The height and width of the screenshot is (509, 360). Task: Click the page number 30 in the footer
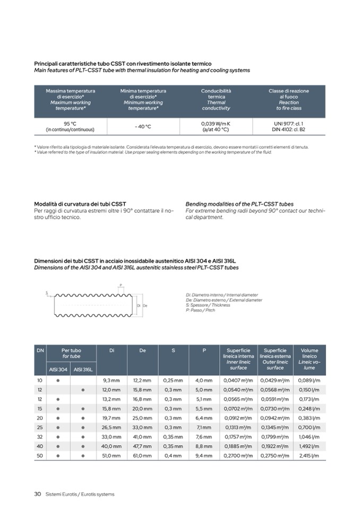(38, 494)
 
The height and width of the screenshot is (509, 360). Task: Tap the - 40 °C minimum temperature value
(143, 126)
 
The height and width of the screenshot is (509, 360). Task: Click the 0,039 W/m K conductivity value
(216, 123)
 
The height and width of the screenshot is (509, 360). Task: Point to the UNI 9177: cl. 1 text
(288, 123)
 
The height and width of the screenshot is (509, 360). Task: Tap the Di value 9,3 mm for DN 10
(112, 380)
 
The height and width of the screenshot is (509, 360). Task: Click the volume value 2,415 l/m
(309, 455)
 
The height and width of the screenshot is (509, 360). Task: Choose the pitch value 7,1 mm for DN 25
(204, 427)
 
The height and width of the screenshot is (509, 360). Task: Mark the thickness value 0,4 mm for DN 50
(173, 455)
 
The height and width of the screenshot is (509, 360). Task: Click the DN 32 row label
(40, 436)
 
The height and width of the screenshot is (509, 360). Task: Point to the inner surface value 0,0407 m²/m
(238, 380)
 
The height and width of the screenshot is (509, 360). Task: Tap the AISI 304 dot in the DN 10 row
(58, 380)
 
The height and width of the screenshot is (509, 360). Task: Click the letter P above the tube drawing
(121, 285)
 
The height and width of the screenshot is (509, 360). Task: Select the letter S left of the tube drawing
(46, 292)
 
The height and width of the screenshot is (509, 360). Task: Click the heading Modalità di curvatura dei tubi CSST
(80, 204)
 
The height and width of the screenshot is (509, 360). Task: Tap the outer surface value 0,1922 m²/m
(275, 446)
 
